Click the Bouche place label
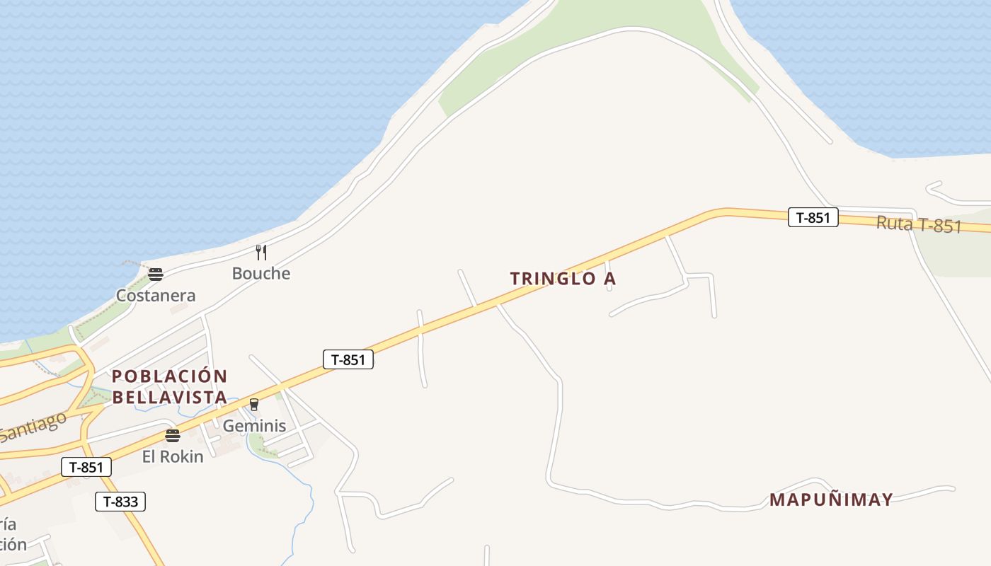261,273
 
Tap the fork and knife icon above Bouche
261,252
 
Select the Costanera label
156,295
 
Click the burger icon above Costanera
156,275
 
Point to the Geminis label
254,425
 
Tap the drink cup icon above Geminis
254,405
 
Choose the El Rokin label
173,456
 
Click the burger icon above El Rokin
173,436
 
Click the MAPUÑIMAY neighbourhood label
831,499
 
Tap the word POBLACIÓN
170,376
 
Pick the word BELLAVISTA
170,398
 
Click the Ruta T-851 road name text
919,224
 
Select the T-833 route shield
120,502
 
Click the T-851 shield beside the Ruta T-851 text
813,217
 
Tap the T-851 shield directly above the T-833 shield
86,467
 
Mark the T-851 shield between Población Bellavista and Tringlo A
348,359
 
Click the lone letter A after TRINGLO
609,279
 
